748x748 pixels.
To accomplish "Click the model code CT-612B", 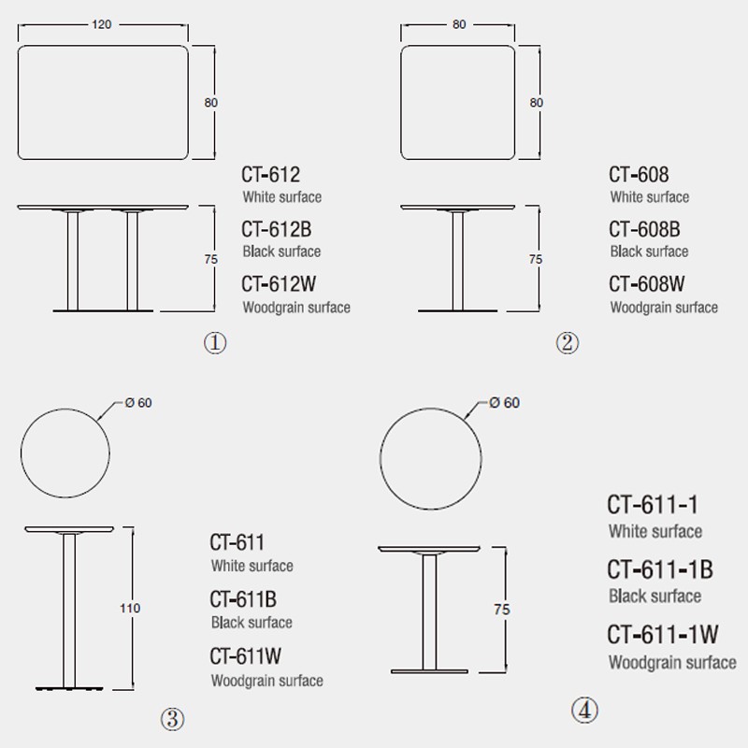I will coord(280,229).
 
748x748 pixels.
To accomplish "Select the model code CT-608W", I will coord(648,284).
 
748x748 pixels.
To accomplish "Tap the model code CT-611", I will coord(237,542).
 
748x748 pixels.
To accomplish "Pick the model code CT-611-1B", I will coord(660,569).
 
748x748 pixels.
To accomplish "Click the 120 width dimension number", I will coord(102,24).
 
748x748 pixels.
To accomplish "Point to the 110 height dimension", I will coord(130,609).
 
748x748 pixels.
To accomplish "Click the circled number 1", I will coord(215,343).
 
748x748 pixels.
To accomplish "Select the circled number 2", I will coord(567,343).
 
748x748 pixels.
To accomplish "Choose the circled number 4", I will coord(583,712).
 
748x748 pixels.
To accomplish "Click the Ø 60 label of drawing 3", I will coord(137,403).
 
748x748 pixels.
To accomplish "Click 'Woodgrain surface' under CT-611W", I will coord(266,681).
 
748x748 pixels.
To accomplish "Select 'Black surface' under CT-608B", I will coord(649,252).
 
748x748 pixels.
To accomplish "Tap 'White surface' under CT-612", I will coord(281,197).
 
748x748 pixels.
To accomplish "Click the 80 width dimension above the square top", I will coord(459,24).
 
